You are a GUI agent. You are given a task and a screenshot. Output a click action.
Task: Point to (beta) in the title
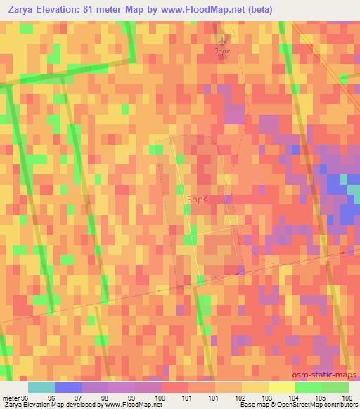click(x=259, y=9)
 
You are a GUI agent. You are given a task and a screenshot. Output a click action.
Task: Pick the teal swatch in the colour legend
click(x=41, y=387)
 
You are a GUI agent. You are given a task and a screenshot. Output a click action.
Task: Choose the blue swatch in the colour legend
click(x=68, y=387)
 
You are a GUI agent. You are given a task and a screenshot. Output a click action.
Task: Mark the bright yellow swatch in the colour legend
click(x=281, y=387)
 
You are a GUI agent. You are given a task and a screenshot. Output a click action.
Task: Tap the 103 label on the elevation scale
click(x=267, y=398)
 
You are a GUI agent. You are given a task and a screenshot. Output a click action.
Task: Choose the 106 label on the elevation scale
click(x=347, y=398)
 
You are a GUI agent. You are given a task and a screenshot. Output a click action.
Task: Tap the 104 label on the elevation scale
click(x=294, y=398)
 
